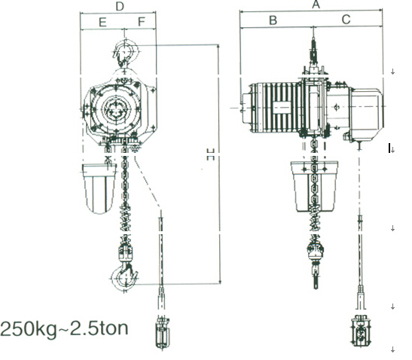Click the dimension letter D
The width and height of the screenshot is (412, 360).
point(120,6)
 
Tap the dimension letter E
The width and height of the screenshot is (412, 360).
point(102,22)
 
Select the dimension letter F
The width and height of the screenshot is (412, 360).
point(142,22)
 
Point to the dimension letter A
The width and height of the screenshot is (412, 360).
point(316,5)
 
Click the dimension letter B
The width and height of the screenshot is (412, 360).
point(273,20)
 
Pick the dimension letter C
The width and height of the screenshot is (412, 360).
point(346,20)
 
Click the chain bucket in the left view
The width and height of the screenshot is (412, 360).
point(99,188)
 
